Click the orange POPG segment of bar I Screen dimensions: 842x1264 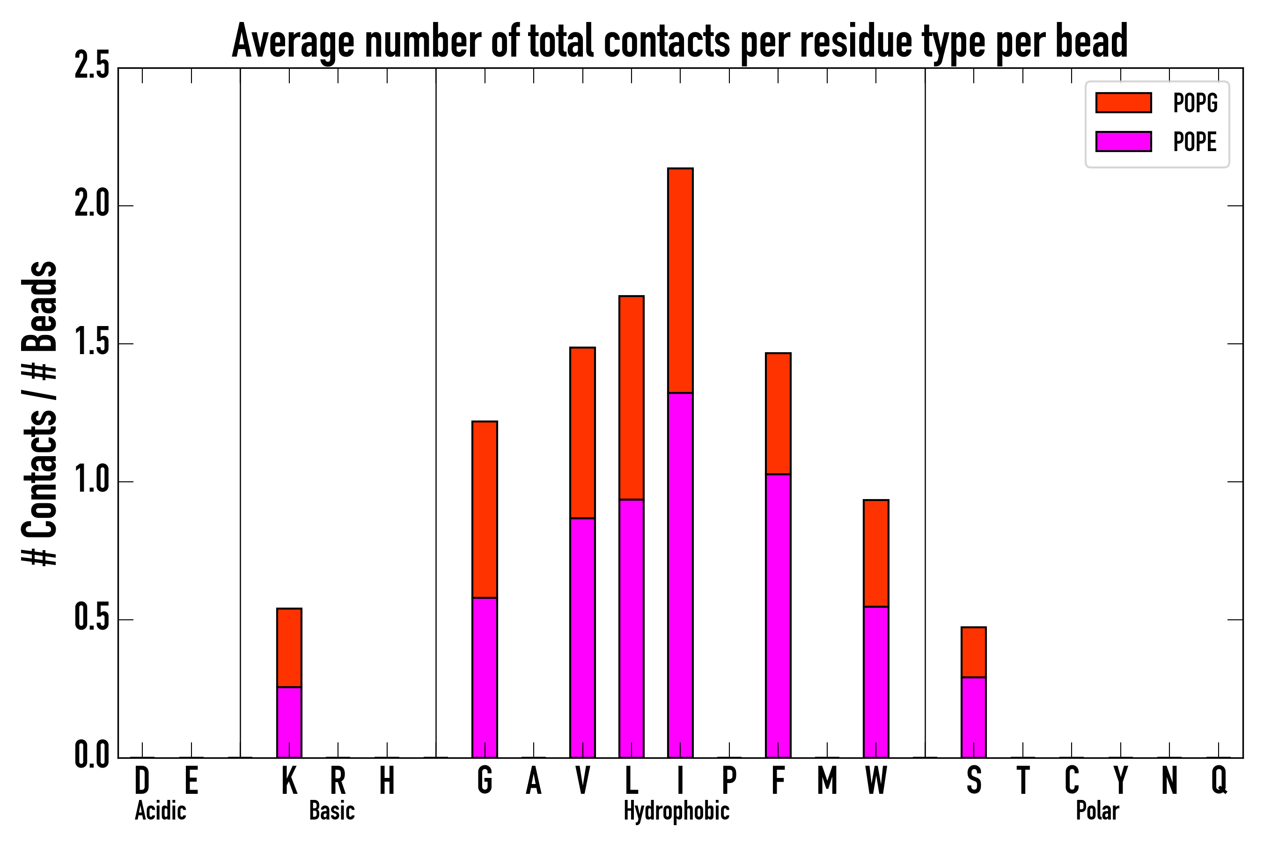pyautogui.click(x=680, y=280)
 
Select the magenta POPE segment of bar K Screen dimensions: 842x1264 pyautogui.click(x=289, y=722)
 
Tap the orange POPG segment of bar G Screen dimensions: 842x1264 pyautogui.click(x=484, y=509)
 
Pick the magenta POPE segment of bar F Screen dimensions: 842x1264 pyautogui.click(x=778, y=616)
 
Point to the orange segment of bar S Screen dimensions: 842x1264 pyautogui.click(x=973, y=652)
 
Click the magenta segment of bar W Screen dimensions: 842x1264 pyautogui.click(x=875, y=682)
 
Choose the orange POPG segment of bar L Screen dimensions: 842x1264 pyautogui.click(x=631, y=397)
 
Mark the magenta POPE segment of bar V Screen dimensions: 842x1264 pyautogui.click(x=582, y=638)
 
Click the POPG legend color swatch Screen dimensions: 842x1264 pyautogui.click(x=1123, y=102)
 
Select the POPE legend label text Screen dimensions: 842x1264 pyautogui.click(x=1195, y=142)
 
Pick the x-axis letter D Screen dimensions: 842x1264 pyautogui.click(x=142, y=780)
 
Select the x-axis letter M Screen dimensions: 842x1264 pyautogui.click(x=827, y=780)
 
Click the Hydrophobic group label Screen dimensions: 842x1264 pyautogui.click(x=676, y=811)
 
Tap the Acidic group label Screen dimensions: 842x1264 pyautogui.click(x=160, y=811)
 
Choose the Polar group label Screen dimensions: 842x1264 pyautogui.click(x=1097, y=811)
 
